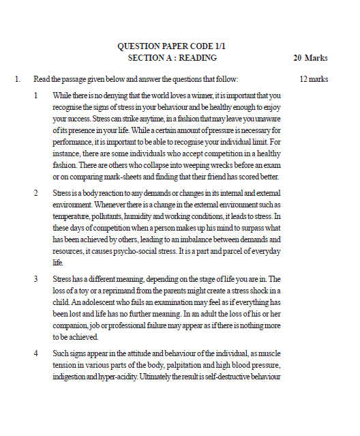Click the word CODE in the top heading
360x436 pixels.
point(196,46)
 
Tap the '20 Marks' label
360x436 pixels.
point(310,58)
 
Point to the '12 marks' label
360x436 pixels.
point(314,79)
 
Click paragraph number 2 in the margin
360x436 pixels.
point(36,192)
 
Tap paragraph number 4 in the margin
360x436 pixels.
point(36,354)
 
